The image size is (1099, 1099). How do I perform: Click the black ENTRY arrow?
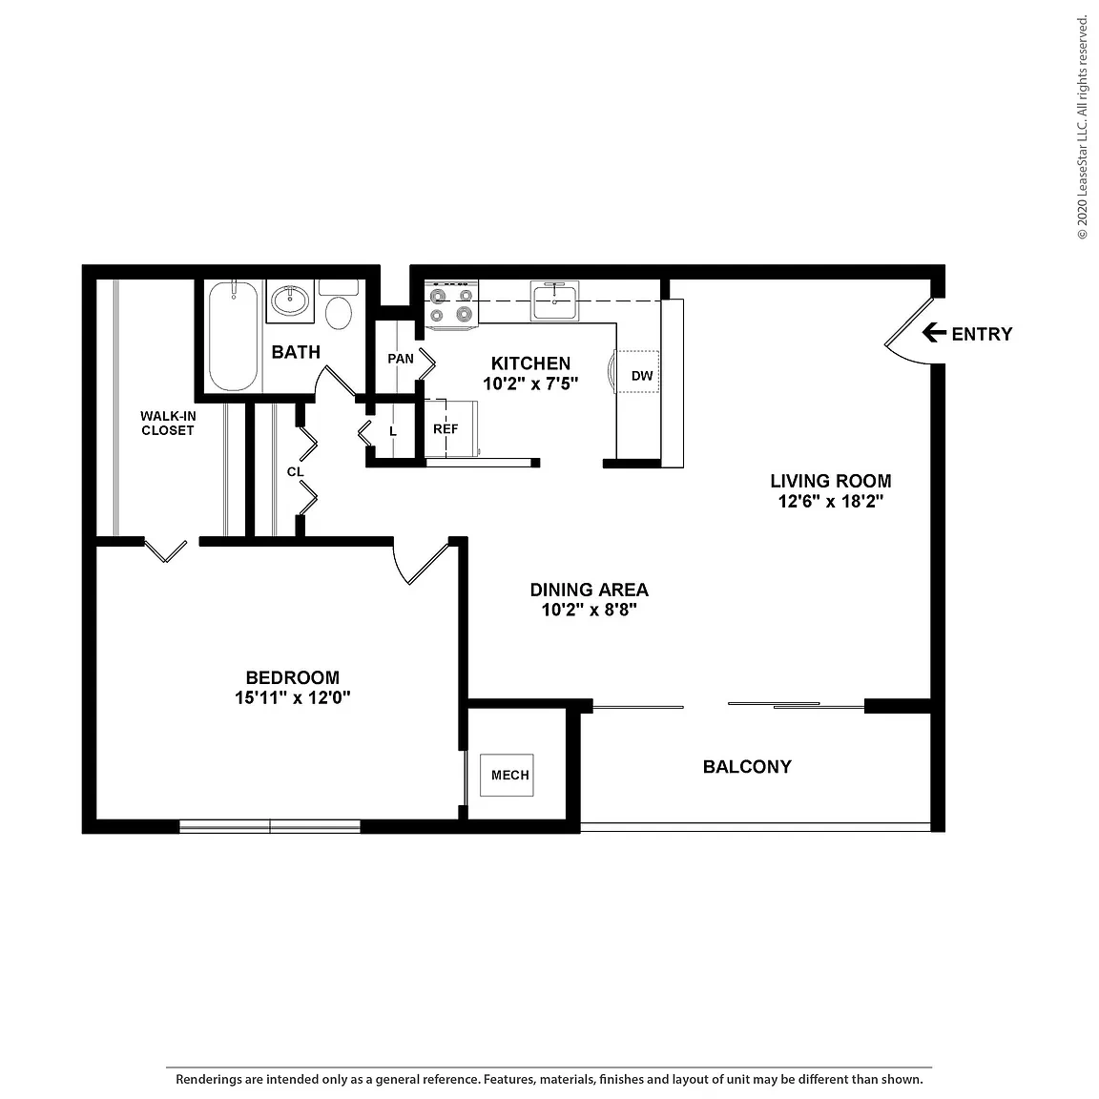(x=934, y=332)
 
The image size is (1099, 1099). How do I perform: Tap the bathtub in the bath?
(x=234, y=337)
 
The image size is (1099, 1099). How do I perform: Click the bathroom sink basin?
(x=289, y=301)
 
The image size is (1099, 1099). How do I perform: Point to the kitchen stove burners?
(x=451, y=305)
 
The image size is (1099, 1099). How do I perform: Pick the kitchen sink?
(x=554, y=301)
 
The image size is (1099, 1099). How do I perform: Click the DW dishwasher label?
(x=642, y=377)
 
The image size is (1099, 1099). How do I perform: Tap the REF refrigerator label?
(x=446, y=429)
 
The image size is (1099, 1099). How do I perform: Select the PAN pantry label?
(x=401, y=359)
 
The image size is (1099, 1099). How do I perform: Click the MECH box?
(x=507, y=776)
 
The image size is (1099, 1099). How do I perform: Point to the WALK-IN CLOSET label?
(x=168, y=424)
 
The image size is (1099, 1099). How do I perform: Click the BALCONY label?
(x=747, y=767)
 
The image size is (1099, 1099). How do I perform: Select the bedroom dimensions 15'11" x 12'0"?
(x=292, y=698)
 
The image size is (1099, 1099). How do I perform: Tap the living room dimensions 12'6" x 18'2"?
(x=831, y=501)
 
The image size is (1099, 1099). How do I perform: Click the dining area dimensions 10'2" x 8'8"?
(x=589, y=610)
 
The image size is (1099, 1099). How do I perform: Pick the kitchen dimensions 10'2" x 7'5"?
(x=530, y=384)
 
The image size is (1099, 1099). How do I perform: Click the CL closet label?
(x=295, y=472)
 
